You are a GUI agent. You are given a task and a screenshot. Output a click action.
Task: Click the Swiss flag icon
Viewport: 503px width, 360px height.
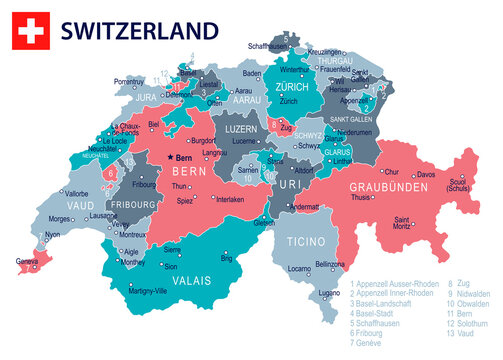click(29, 30)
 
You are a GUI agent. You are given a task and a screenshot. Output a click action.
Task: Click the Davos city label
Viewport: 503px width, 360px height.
click(427, 175)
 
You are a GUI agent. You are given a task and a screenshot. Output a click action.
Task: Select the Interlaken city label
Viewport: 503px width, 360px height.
click(229, 199)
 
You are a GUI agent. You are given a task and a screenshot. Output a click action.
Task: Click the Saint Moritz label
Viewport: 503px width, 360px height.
click(404, 223)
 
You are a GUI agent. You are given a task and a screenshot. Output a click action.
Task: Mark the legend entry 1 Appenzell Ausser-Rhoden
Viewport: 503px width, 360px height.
click(395, 283)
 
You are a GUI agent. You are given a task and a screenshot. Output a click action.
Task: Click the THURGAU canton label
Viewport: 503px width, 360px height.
click(337, 60)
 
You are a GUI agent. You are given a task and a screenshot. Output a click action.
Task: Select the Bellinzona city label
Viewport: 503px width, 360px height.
click(330, 263)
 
